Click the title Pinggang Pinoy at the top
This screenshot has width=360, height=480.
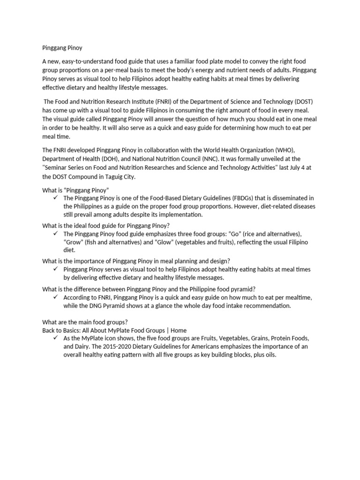click(62, 47)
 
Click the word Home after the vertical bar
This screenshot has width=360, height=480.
click(178, 330)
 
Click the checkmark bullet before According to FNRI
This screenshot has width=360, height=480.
click(55, 297)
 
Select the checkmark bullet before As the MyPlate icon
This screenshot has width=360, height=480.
click(55, 338)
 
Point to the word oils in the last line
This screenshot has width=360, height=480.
click(270, 355)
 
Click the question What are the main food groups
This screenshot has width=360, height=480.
click(85, 322)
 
